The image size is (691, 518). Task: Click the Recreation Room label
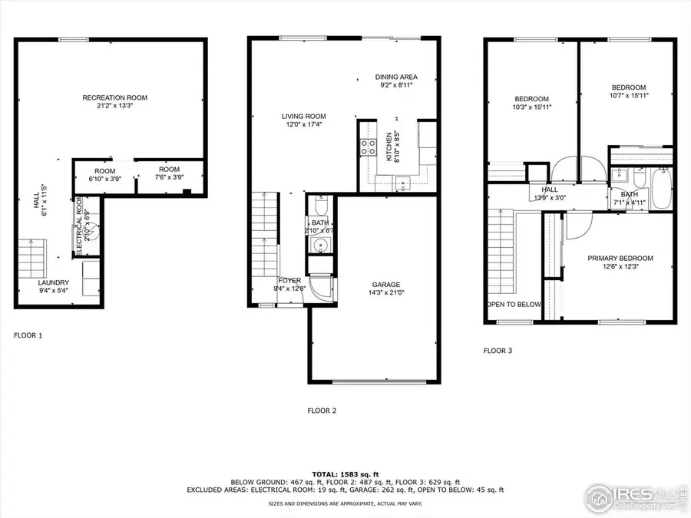[x=115, y=97]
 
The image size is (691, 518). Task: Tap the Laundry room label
[x=54, y=282]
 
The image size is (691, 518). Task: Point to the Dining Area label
[x=395, y=77]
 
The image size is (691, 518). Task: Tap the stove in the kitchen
[x=368, y=147]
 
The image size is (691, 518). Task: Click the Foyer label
[x=289, y=281]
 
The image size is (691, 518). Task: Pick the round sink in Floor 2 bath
[x=321, y=246]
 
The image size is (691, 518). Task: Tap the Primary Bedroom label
[x=620, y=258]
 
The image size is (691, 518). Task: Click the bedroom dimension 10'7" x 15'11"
[x=628, y=96]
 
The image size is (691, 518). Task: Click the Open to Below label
[x=513, y=304]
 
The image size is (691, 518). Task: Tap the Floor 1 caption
[x=28, y=335]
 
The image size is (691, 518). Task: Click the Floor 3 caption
[x=498, y=351]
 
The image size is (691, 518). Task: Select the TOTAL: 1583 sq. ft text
[x=345, y=474]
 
